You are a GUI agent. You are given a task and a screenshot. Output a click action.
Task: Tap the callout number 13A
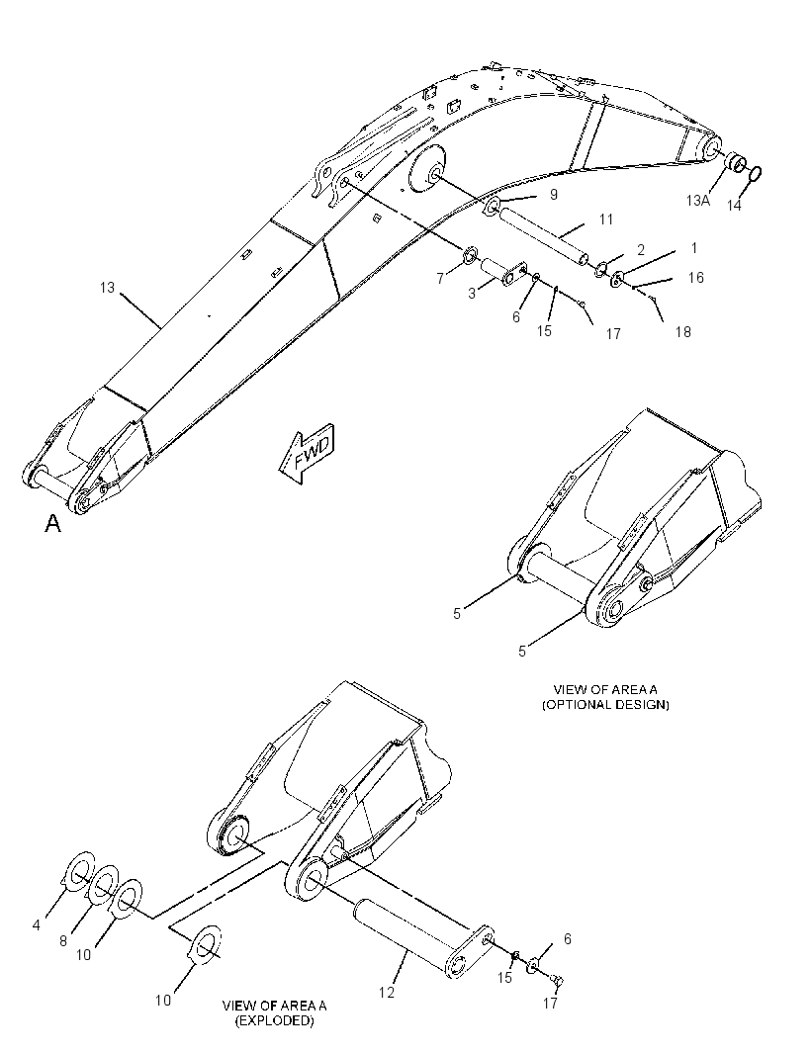pos(698,200)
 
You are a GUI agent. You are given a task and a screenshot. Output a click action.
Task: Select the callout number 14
pos(734,205)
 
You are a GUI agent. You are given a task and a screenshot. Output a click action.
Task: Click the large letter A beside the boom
pos(53,523)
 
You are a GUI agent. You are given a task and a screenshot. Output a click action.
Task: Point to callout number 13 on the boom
pos(108,288)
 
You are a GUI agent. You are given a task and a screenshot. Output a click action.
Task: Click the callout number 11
pos(606,220)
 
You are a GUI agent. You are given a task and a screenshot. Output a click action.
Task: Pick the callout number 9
pos(554,194)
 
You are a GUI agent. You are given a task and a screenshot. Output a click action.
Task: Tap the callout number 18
pos(682,331)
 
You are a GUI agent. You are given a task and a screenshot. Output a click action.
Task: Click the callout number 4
pos(36,924)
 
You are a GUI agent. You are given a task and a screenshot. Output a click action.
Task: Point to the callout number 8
pos(63,941)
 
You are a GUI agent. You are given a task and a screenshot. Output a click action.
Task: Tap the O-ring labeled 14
pos(756,173)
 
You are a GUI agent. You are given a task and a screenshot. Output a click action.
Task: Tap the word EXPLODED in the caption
pos(274,1021)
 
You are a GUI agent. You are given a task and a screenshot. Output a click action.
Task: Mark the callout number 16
pos(695,277)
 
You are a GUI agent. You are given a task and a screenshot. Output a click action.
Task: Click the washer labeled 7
pos(470,255)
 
